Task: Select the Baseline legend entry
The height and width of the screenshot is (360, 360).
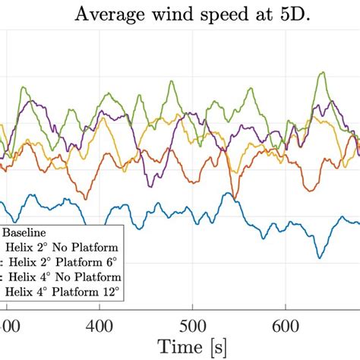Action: pyautogui.click(x=27, y=232)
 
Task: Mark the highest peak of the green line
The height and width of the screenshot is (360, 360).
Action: pyautogui.click(x=322, y=73)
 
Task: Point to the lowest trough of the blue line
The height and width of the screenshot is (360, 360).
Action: pyautogui.click(x=319, y=257)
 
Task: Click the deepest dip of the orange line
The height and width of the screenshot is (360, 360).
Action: pyautogui.click(x=235, y=199)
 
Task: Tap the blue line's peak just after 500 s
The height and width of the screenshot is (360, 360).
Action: pyautogui.click(x=226, y=194)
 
